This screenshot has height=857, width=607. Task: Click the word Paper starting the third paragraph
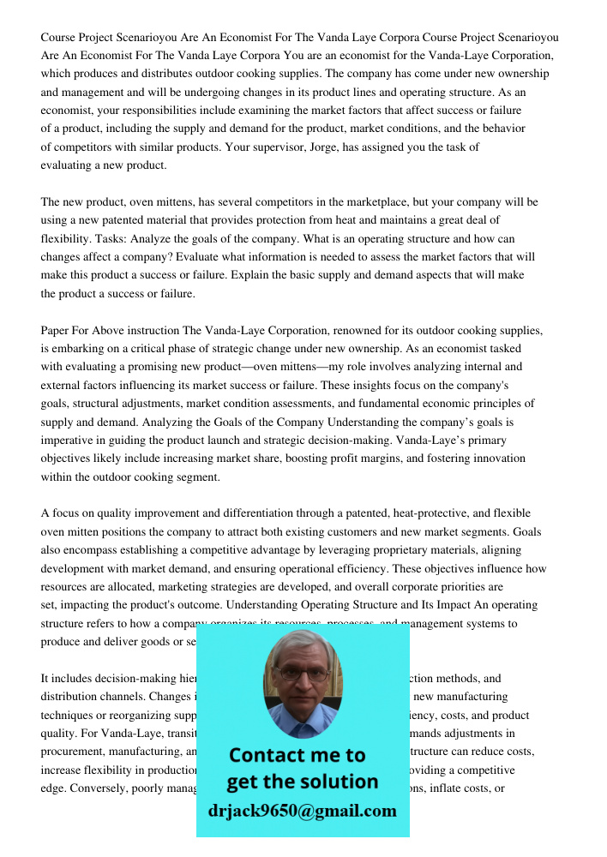click(x=57, y=330)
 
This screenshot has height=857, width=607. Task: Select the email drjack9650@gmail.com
click(x=302, y=811)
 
